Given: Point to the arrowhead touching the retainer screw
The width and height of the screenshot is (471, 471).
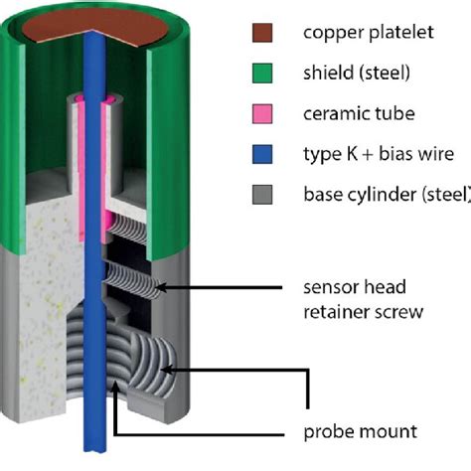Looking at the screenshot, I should tap(162, 289).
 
